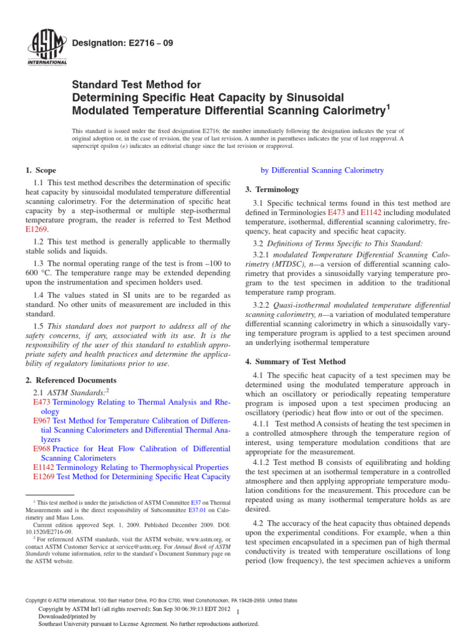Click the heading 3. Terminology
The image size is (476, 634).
(276, 189)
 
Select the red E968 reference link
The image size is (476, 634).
(42, 448)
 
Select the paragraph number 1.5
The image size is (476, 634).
(39, 326)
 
